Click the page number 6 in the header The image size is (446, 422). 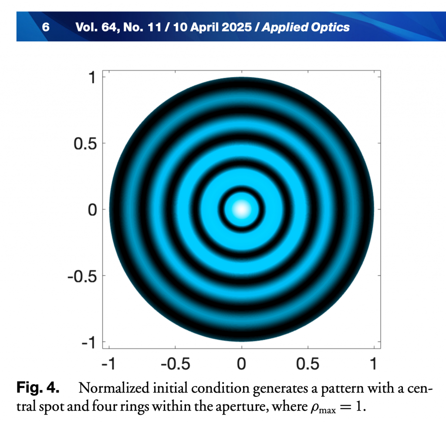click(x=45, y=27)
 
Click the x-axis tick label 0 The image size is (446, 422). click(x=241, y=363)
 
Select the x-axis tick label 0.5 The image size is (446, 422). click(x=308, y=363)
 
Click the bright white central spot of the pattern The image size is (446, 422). click(x=241, y=209)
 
